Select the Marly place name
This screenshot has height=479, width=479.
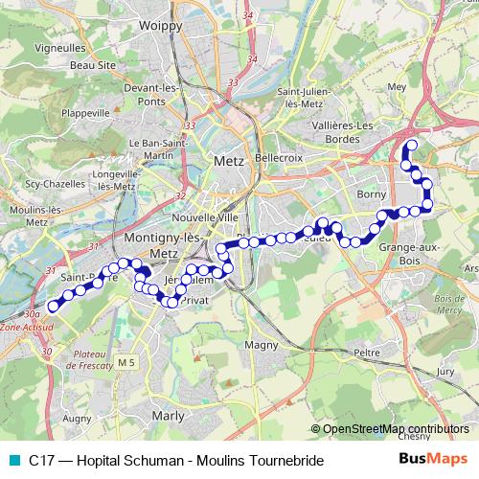click(168, 416)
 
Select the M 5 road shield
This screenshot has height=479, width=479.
click(128, 362)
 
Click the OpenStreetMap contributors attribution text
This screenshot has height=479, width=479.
click(396, 429)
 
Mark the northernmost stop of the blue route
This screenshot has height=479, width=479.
click(412, 146)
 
